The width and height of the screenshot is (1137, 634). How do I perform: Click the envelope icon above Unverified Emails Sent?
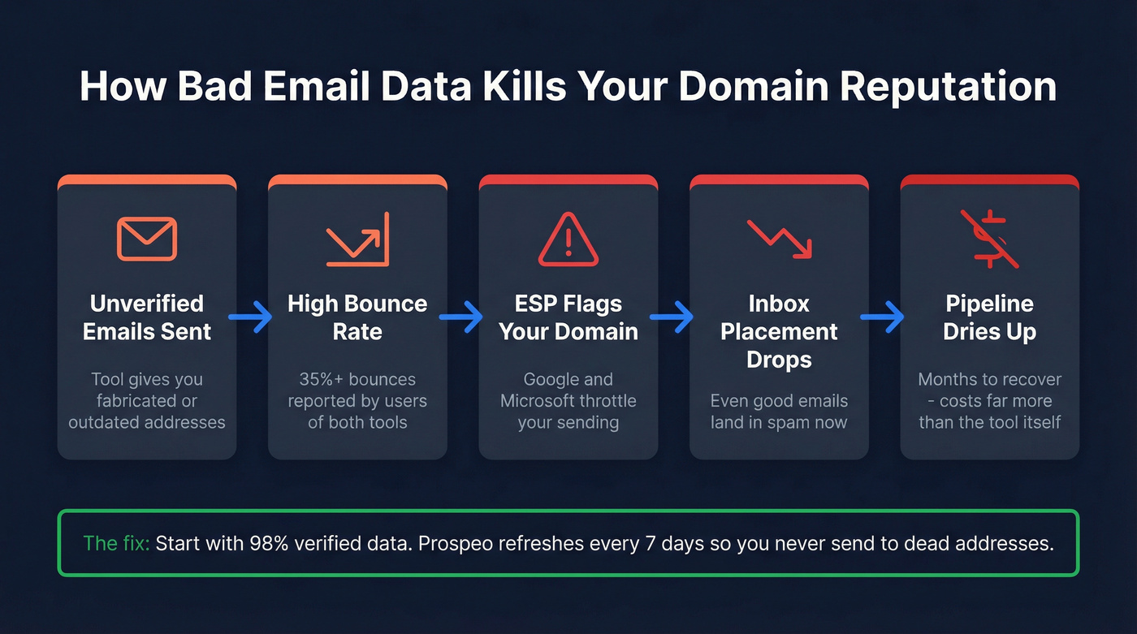point(147,239)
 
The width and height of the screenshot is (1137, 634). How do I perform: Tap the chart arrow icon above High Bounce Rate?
point(357,239)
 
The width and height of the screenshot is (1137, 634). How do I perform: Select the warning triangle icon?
point(568,239)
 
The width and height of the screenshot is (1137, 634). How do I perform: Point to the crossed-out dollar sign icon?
point(989,239)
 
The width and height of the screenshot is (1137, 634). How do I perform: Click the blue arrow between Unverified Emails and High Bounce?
point(252,317)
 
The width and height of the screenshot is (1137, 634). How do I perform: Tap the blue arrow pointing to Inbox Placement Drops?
point(673,317)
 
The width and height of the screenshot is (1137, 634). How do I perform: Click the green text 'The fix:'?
point(116,543)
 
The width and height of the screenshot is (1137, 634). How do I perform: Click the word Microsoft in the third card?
point(538,401)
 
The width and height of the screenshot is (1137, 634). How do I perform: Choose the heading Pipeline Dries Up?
point(989,317)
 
